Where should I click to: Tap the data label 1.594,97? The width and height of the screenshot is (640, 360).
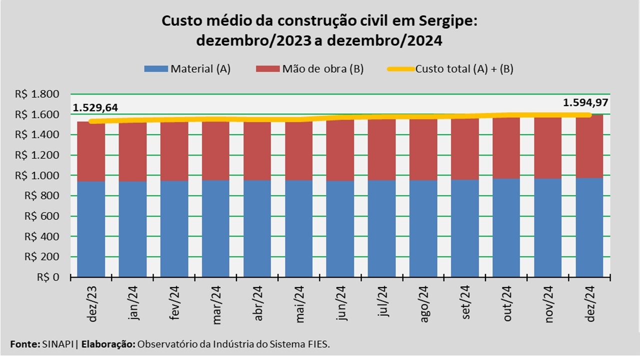click(x=586, y=103)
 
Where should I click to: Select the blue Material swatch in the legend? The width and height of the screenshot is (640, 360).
click(x=156, y=69)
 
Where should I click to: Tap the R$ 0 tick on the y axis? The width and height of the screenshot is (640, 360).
click(x=48, y=277)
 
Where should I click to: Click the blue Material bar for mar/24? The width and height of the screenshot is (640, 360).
click(x=215, y=227)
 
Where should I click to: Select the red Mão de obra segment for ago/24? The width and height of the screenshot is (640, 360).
click(x=423, y=149)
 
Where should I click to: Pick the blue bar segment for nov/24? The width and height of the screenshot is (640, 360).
click(x=548, y=227)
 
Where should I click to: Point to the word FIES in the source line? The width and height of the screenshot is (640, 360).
click(x=318, y=344)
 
